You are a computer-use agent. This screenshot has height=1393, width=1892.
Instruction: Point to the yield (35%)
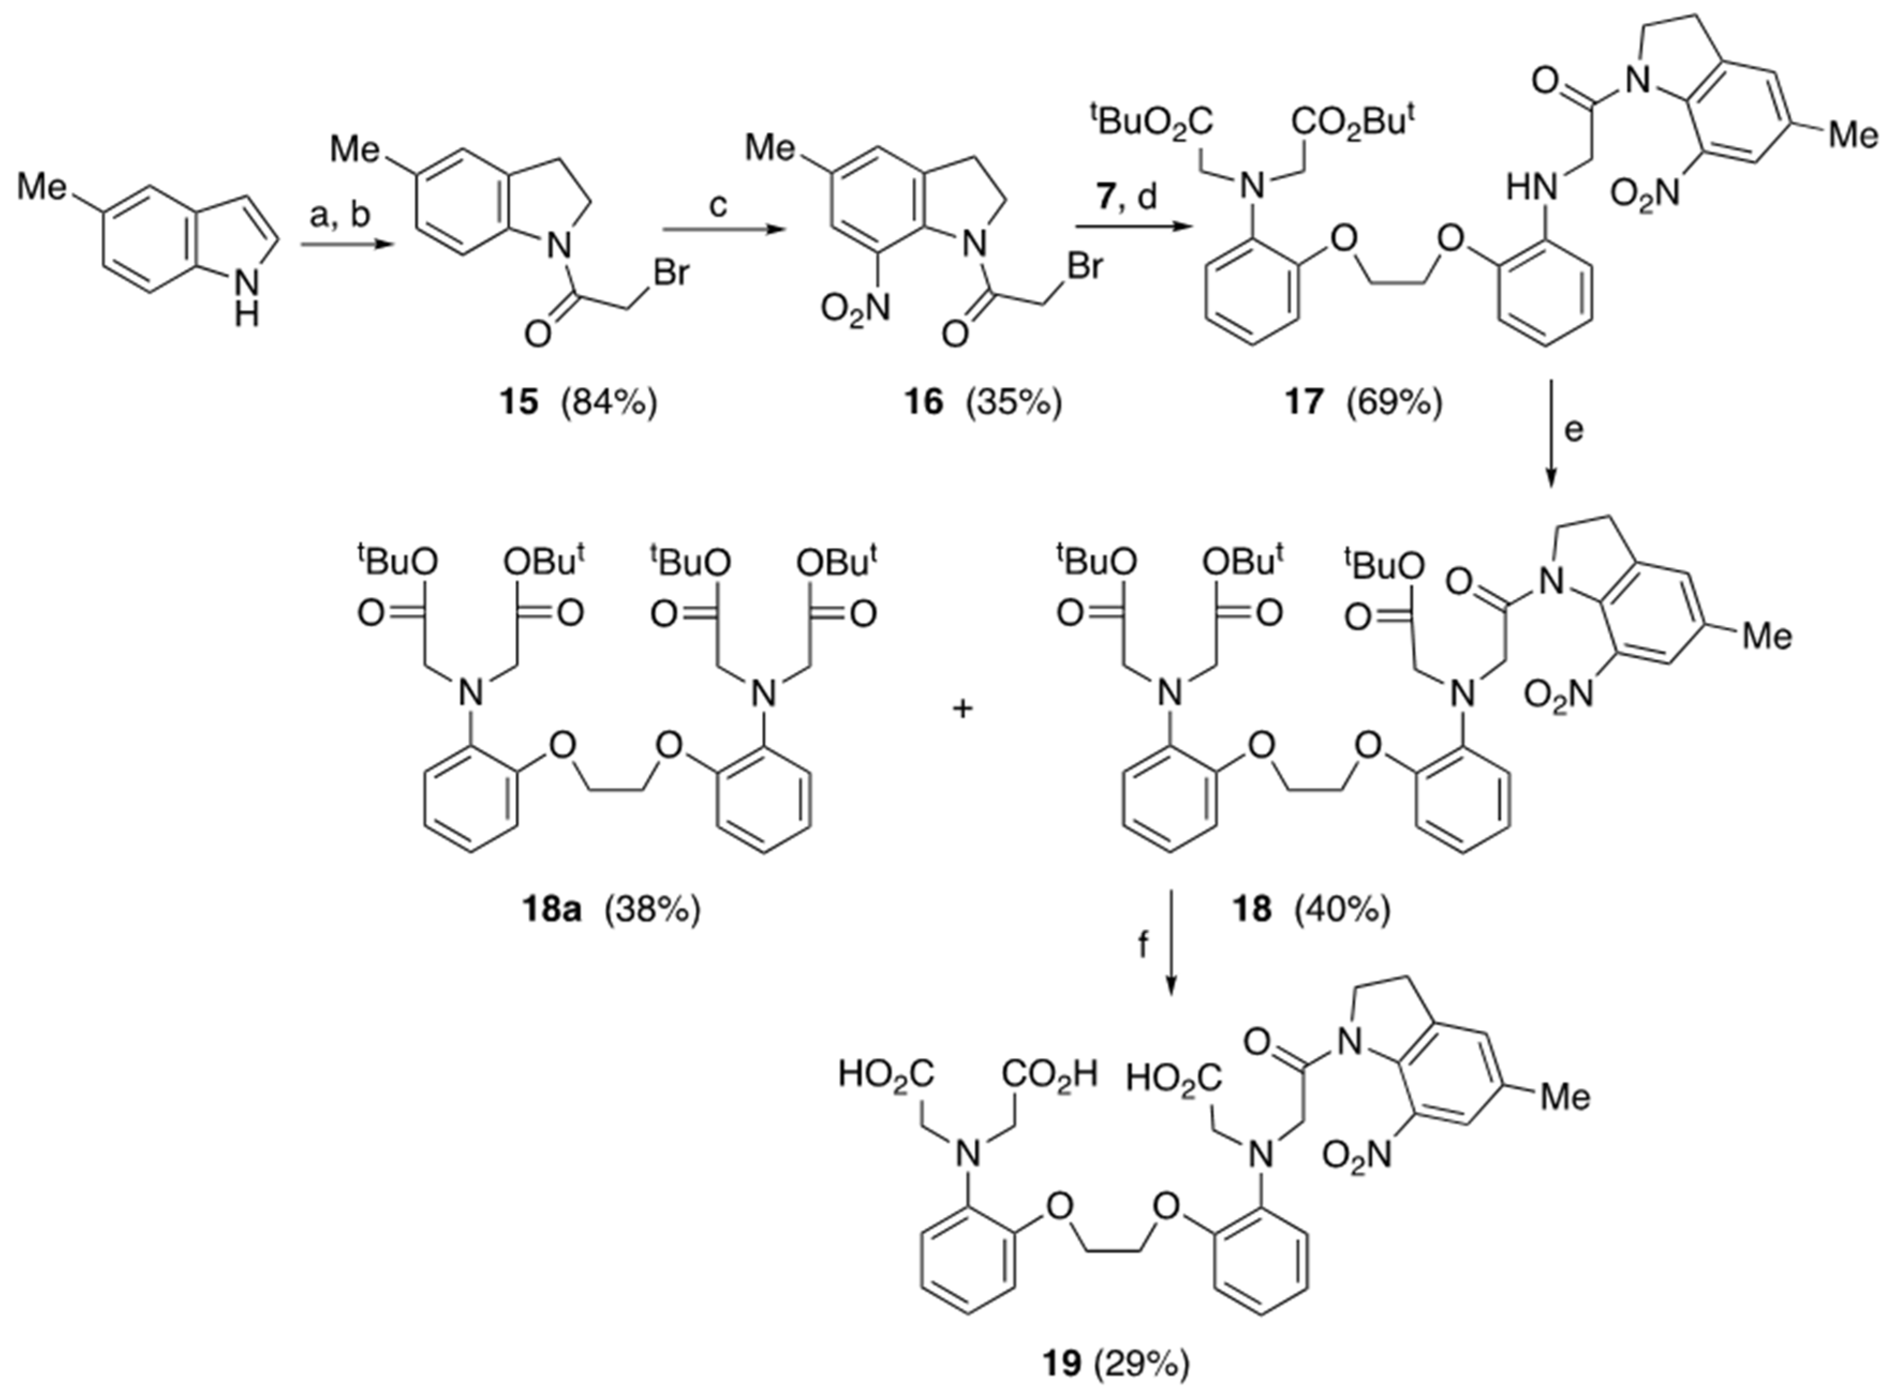point(1018,402)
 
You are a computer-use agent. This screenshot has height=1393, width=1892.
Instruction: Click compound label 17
point(1303,402)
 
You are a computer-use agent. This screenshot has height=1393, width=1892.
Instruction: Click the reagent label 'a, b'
point(340,216)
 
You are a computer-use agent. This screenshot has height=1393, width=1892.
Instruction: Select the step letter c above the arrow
point(718,205)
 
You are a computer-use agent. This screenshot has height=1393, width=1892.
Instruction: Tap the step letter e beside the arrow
point(1574,429)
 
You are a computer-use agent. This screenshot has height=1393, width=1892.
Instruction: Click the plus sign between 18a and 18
point(962,709)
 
